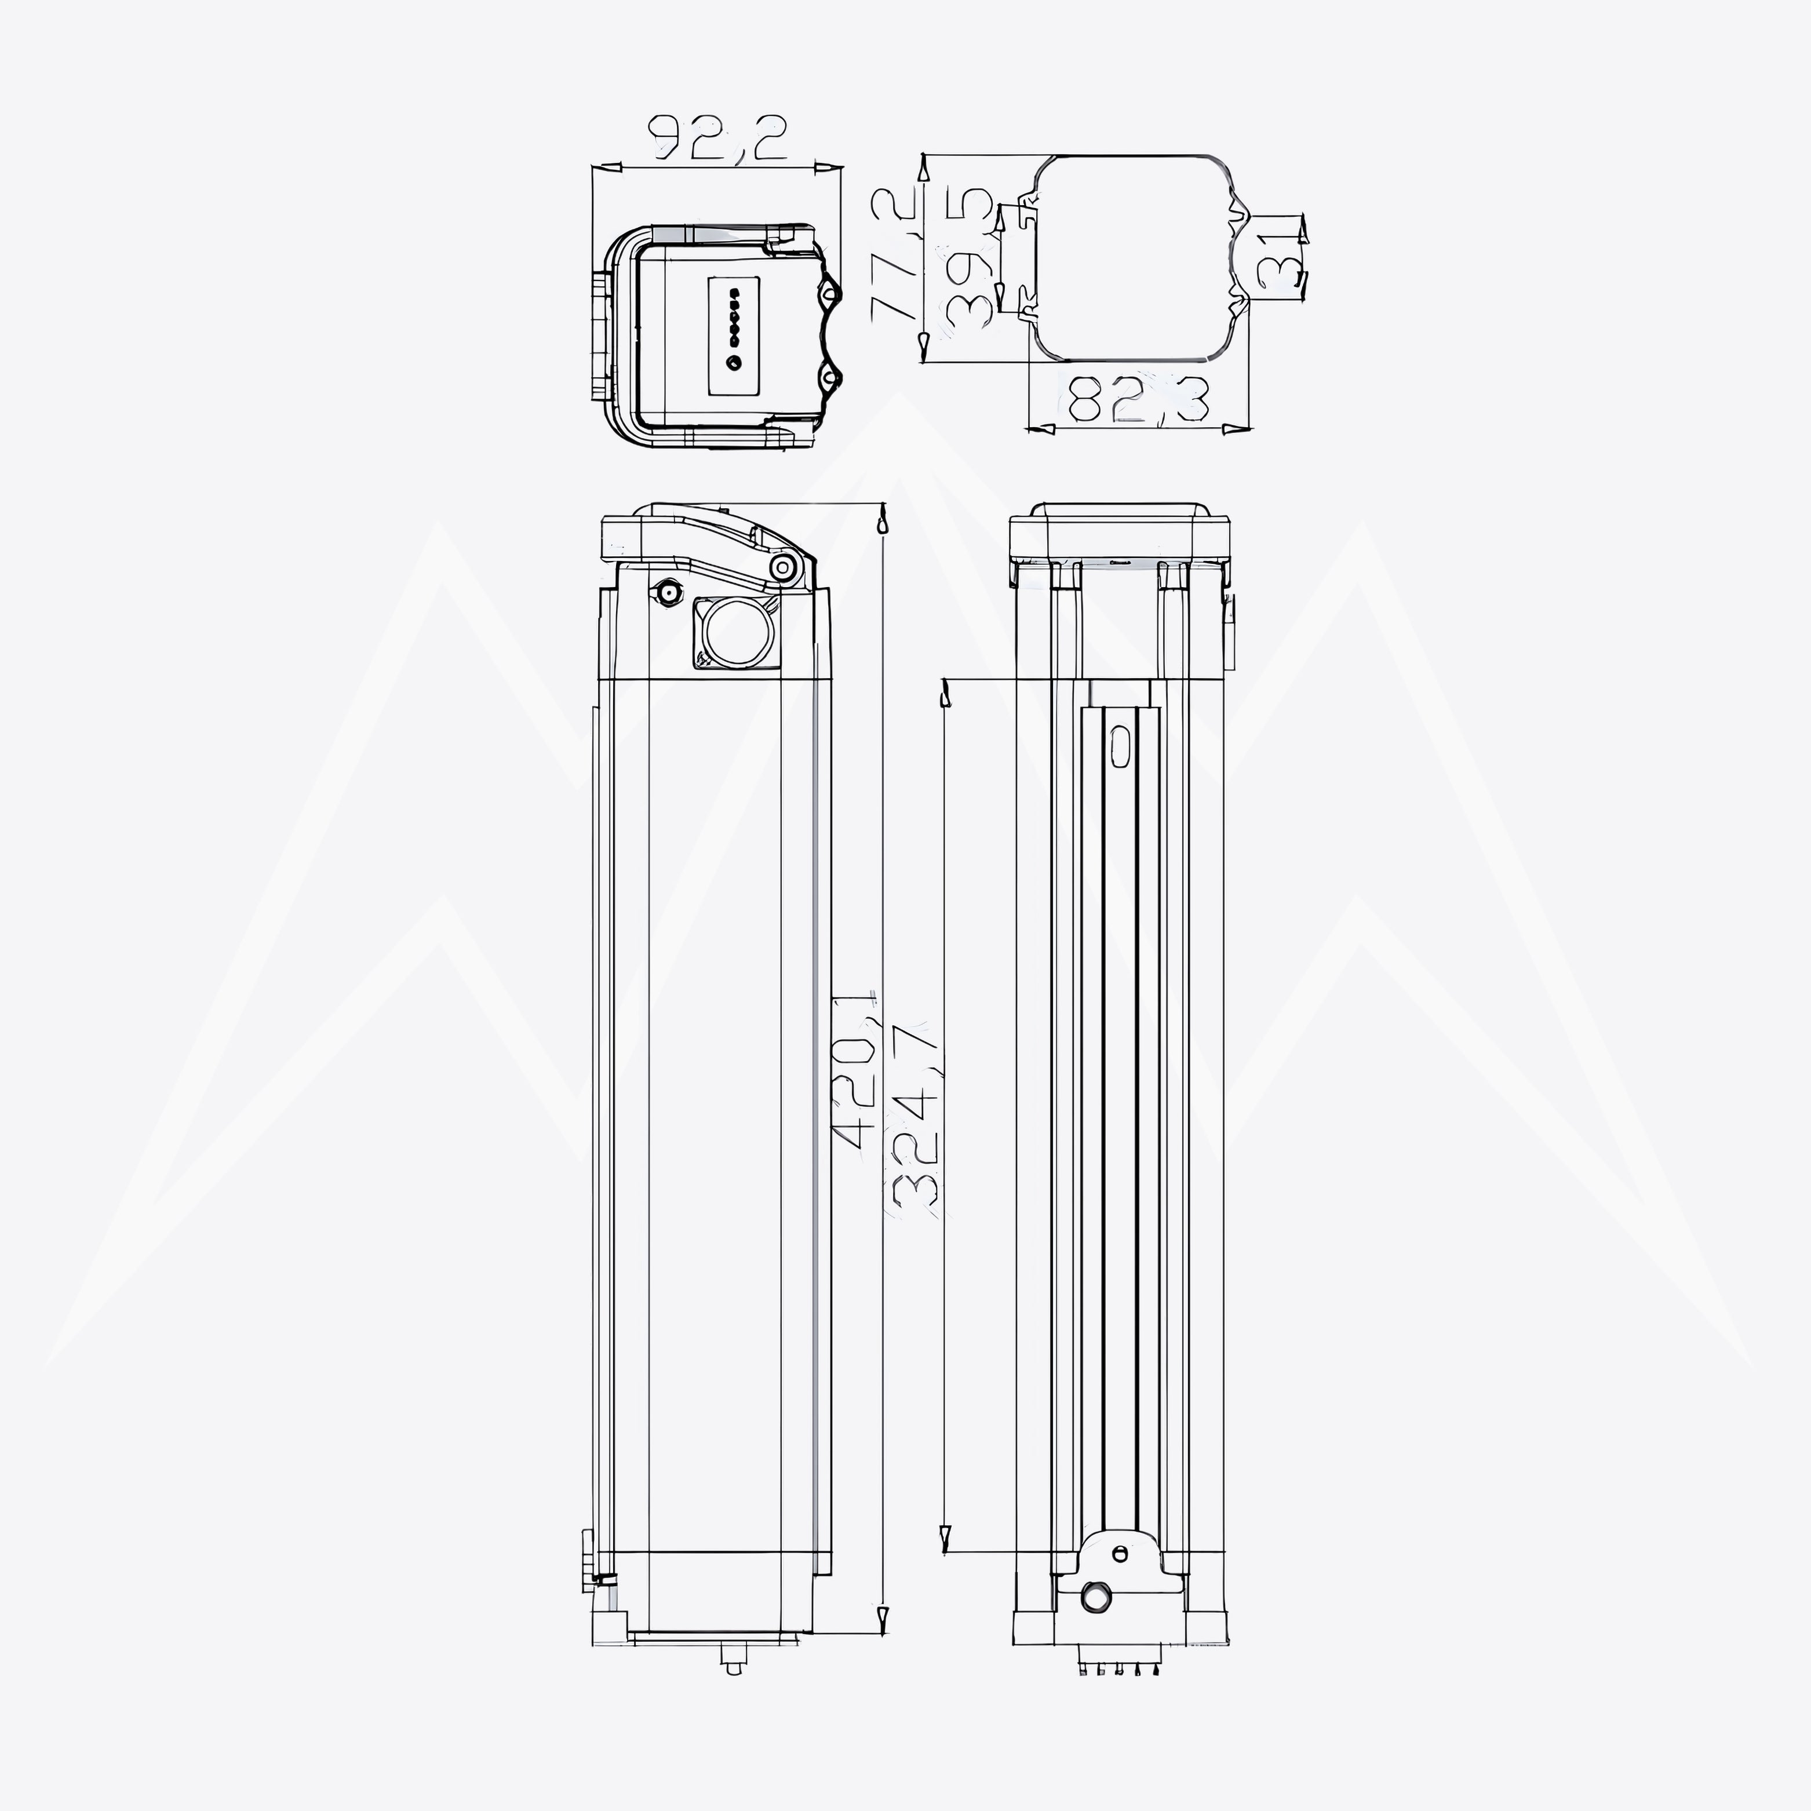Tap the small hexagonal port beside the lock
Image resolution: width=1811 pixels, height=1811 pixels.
(x=669, y=592)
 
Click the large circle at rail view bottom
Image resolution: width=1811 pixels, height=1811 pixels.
(x=1095, y=1597)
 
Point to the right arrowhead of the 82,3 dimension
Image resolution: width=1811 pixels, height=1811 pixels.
(x=1237, y=429)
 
